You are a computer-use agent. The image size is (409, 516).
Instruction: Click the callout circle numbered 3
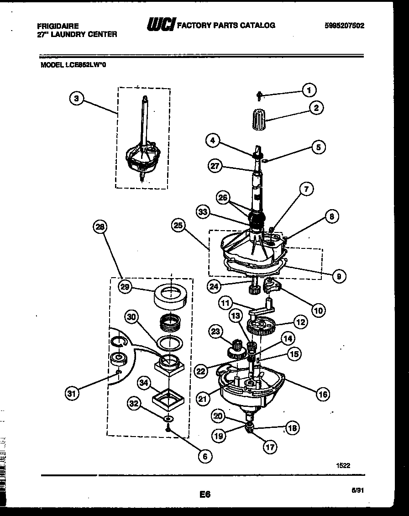[x=77, y=98]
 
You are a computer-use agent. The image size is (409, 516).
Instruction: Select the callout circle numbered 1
[x=309, y=90]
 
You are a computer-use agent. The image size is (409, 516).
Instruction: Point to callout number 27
[x=215, y=166]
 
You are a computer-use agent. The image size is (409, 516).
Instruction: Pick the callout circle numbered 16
[x=322, y=394]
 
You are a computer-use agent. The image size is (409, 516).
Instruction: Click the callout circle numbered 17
[x=270, y=447]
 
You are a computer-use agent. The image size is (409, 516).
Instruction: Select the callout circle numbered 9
[x=338, y=275]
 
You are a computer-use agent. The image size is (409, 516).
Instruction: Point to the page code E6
[x=204, y=494]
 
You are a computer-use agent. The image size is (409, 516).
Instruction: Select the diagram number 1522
[x=343, y=465]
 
